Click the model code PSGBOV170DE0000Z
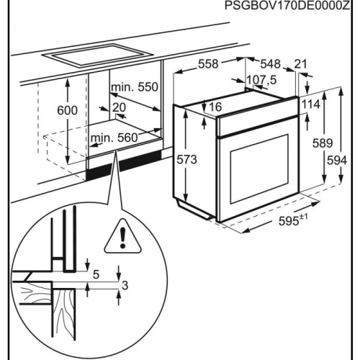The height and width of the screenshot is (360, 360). coord(287,5)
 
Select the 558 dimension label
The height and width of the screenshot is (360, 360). coord(208,64)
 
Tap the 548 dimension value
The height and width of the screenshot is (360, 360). coord(271,64)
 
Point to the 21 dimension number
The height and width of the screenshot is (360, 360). coord(300,64)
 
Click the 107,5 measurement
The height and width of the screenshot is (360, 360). coord(261,80)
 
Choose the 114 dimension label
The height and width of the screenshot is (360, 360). coord(310,104)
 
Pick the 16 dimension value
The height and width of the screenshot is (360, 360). coord(215,107)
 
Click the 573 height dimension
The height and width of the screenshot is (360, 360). coord(186,160)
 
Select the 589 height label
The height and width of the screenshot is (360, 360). coord(323,143)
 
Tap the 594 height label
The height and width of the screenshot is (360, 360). coord(337,161)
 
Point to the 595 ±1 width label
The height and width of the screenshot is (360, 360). coord(293,220)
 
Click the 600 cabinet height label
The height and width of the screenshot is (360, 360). coord(67,110)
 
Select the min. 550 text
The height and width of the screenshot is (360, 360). coord(135,87)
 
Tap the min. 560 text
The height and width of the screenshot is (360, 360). coord(114,138)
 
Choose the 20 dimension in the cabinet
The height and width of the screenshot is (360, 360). coord(119,107)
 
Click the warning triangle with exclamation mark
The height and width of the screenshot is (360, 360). coord(122,236)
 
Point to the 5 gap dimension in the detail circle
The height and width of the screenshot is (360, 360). coord(96,274)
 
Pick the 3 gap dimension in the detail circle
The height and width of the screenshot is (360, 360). coord(125,286)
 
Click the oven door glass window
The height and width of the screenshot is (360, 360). coord(259,168)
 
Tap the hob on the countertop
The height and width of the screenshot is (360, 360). coord(97,55)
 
